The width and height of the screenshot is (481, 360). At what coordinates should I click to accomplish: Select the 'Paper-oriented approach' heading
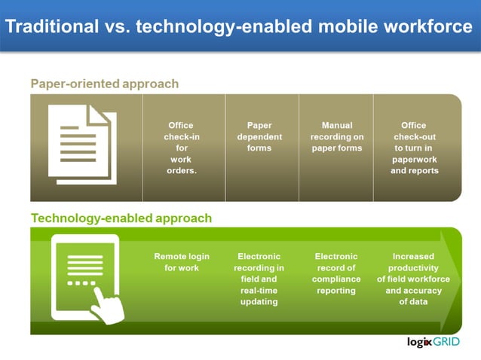click(104, 84)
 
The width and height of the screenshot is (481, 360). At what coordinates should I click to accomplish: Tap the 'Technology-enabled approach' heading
click(121, 218)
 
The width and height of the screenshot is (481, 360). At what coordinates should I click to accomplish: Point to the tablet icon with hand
click(87, 279)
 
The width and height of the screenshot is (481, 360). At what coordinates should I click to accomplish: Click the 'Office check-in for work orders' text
click(180, 148)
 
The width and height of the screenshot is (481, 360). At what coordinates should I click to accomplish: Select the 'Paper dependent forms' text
click(259, 136)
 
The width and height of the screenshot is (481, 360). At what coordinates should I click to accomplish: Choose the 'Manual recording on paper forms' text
click(336, 136)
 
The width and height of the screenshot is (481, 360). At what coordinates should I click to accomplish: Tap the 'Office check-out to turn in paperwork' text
click(414, 148)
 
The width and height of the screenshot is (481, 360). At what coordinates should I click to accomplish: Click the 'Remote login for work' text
click(181, 262)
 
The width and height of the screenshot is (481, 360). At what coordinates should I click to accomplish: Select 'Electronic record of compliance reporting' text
click(335, 273)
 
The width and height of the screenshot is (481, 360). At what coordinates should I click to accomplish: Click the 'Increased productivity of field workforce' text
click(413, 279)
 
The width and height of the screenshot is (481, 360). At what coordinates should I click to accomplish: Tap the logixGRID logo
click(439, 343)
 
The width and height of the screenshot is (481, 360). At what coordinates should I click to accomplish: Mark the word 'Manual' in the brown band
click(336, 125)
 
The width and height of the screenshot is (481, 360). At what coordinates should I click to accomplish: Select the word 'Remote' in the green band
click(170, 257)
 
